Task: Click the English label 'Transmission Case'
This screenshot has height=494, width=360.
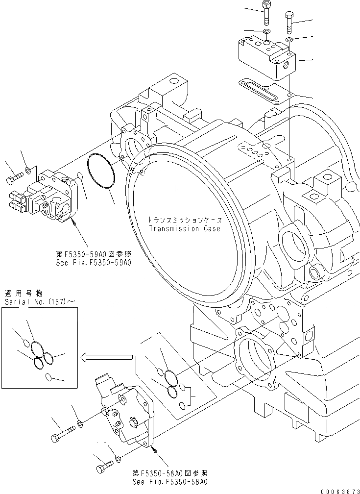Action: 185,228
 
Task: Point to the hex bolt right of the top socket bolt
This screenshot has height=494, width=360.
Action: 289,21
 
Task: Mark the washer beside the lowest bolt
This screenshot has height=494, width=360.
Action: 118,459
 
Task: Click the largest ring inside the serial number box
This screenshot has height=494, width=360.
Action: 37,349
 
